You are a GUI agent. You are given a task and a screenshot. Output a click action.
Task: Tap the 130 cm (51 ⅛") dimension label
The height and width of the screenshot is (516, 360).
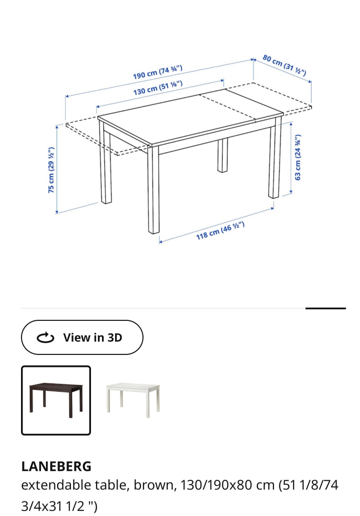158,88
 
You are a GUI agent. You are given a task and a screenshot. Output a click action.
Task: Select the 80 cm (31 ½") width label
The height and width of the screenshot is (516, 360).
284,65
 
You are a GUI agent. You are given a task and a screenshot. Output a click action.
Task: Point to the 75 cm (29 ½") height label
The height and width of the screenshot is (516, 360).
51,170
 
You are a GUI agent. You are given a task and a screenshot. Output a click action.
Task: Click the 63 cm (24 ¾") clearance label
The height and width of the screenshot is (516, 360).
297,157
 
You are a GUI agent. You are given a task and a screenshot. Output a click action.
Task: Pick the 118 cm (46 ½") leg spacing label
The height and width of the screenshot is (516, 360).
220,230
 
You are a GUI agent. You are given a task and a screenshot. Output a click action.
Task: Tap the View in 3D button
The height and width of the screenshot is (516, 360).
82,337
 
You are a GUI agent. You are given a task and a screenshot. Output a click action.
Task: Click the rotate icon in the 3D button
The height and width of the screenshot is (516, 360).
45,338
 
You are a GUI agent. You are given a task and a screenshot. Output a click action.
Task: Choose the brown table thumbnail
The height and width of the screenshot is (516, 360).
56,400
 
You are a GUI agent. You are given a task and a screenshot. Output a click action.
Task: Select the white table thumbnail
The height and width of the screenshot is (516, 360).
133,400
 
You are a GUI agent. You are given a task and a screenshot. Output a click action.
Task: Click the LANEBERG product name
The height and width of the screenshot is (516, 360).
56,466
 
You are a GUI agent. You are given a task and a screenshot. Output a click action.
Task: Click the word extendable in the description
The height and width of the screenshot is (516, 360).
56,485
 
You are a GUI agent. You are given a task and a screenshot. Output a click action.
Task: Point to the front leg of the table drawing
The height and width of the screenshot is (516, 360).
153,189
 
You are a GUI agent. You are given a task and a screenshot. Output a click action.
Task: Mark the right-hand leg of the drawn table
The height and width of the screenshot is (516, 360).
275,157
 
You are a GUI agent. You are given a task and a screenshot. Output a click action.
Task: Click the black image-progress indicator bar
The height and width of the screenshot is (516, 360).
325,308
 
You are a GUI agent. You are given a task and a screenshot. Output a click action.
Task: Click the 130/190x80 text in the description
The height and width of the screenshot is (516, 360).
227,485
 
